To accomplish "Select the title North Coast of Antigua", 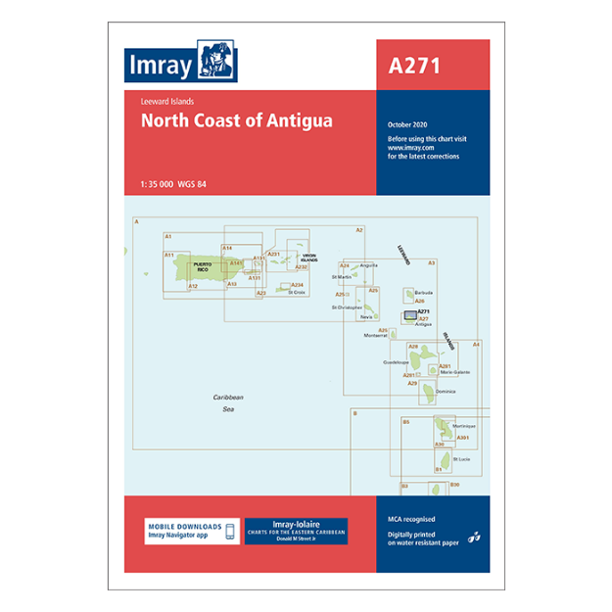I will click(236, 121).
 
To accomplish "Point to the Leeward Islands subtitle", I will click(167, 101).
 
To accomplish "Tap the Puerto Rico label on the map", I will click(203, 266).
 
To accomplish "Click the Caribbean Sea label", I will click(228, 402).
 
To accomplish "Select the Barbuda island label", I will click(423, 292).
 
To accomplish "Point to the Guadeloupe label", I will click(397, 362).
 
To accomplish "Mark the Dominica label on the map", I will click(446, 391).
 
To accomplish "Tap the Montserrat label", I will click(375, 335).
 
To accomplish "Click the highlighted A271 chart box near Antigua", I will click(411, 315).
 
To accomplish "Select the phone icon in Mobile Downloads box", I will click(229, 531).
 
